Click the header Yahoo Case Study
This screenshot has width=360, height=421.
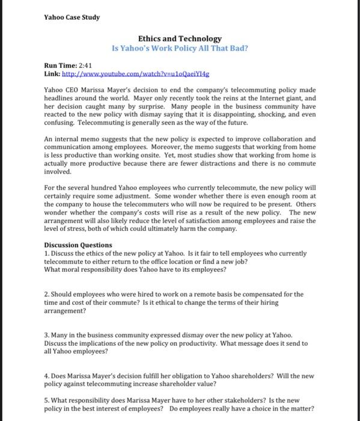(72, 17)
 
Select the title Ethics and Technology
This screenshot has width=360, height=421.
(180, 38)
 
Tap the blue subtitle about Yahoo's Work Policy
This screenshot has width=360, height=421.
(180, 47)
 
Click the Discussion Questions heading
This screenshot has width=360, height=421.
(78, 245)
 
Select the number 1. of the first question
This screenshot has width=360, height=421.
(47, 253)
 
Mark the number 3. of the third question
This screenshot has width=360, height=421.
(47, 335)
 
